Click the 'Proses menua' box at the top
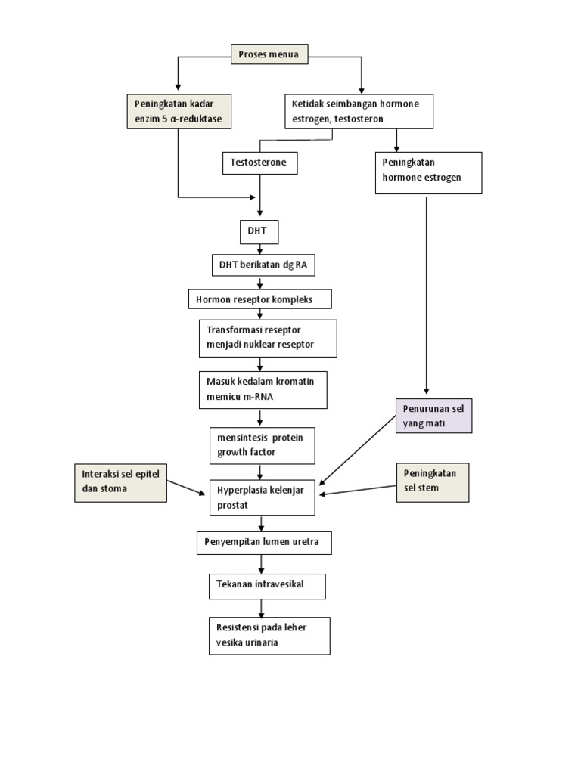[x=269, y=54]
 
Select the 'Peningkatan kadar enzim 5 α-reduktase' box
[x=179, y=111]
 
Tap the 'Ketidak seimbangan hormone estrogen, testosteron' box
[x=359, y=111]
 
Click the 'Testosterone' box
[x=259, y=163]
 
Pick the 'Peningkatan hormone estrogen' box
[x=428, y=173]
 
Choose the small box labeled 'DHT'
[x=259, y=232]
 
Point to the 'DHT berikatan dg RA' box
[x=262, y=265]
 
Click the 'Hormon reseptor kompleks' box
[x=260, y=299]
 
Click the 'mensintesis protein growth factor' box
[x=262, y=446]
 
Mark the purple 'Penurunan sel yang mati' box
[x=433, y=416]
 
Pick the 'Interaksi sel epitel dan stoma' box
[x=121, y=482]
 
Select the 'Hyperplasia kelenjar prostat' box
[x=262, y=497]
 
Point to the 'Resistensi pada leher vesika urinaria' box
[x=269, y=635]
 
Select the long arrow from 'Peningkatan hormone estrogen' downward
[x=427, y=295]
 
